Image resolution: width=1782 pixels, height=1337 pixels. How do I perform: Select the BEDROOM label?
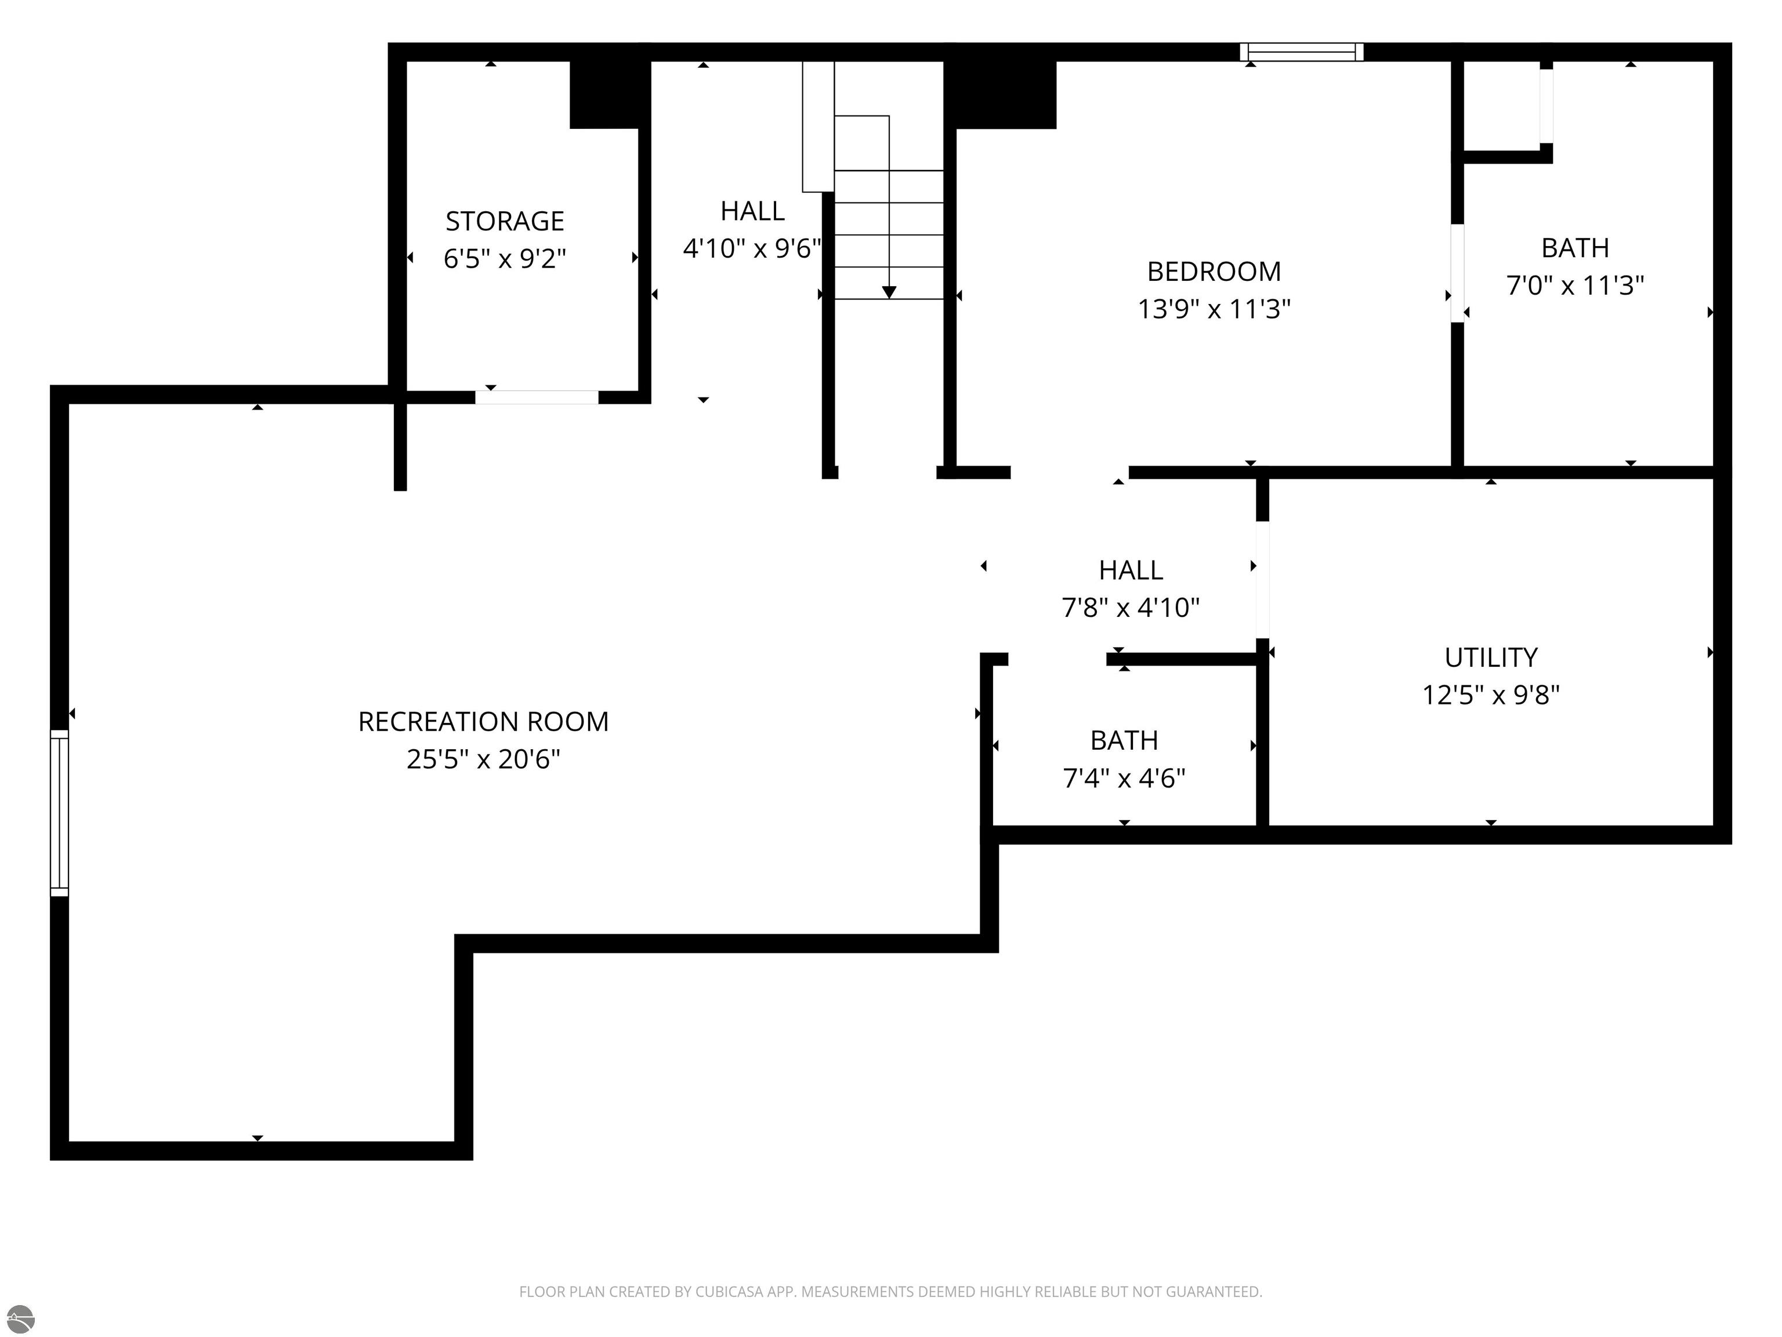pyautogui.click(x=1214, y=272)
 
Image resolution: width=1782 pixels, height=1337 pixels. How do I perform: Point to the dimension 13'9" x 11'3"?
pyautogui.click(x=1214, y=309)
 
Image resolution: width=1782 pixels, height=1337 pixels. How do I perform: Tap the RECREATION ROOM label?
pyautogui.click(x=483, y=721)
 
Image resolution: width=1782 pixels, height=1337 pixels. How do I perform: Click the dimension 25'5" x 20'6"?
pyautogui.click(x=483, y=759)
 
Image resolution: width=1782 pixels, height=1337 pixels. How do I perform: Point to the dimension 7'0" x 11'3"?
pyautogui.click(x=1575, y=286)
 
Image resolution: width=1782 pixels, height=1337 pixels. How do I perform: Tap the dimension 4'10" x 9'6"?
pyautogui.click(x=752, y=248)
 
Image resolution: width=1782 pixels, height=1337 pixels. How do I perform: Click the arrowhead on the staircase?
pyautogui.click(x=889, y=292)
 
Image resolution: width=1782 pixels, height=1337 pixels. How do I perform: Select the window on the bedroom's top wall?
pyautogui.click(x=1301, y=52)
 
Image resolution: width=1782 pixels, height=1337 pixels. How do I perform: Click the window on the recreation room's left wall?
pyautogui.click(x=60, y=813)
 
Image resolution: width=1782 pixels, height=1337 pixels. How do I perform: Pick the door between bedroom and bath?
pyautogui.click(x=1457, y=273)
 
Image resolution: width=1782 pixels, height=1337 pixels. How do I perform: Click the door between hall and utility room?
pyautogui.click(x=1262, y=580)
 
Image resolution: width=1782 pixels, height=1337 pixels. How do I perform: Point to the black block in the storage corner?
pyautogui.click(x=610, y=94)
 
